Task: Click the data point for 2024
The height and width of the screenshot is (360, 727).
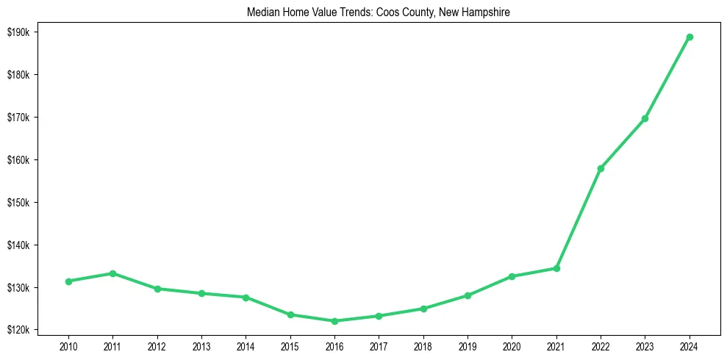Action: coord(690,37)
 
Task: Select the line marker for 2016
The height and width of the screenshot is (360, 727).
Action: coord(334,321)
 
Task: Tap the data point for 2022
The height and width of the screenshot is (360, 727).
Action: coord(601,168)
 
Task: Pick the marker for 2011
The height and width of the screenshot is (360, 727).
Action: coord(112,273)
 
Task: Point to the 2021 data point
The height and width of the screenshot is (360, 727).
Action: coord(556,268)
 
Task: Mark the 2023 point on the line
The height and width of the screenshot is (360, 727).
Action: coord(645,118)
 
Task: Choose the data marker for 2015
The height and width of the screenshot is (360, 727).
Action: coord(290,314)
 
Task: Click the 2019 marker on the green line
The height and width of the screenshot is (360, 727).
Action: coord(468,295)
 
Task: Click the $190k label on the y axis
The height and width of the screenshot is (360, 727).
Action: coord(18,32)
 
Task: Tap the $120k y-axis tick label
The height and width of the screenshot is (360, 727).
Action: coord(18,330)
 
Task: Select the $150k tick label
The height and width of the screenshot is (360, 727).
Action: coord(18,203)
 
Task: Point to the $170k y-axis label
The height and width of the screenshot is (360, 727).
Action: coord(18,118)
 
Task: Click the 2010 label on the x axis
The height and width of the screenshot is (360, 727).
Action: coord(68,345)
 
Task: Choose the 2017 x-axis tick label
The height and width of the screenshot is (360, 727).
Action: coord(379,345)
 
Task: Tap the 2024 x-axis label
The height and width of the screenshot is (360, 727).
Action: coord(690,345)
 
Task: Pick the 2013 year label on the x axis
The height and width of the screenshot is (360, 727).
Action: coord(201,345)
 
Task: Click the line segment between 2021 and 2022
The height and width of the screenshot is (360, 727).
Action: coord(579,218)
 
